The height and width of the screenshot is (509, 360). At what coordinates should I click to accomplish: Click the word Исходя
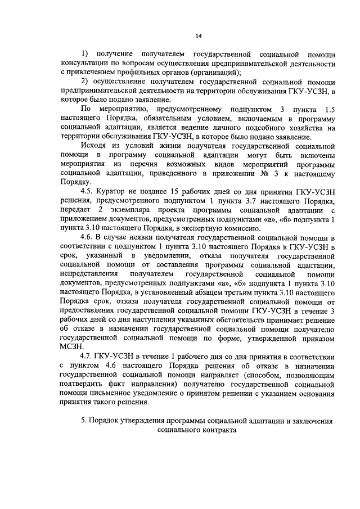click(94, 145)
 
